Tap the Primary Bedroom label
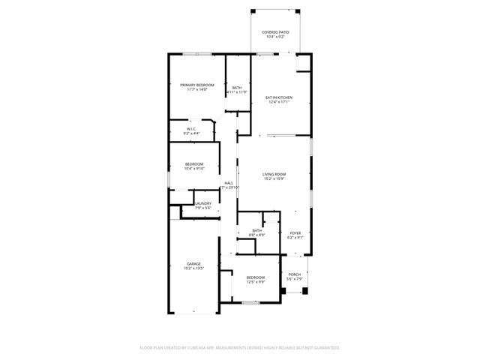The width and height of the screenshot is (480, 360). click(x=197, y=85)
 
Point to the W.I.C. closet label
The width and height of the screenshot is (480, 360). click(x=191, y=129)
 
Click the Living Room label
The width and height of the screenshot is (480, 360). click(x=274, y=175)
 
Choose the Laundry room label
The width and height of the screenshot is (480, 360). click(x=202, y=203)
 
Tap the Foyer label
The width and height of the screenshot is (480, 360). click(x=295, y=233)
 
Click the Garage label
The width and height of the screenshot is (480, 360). click(x=193, y=264)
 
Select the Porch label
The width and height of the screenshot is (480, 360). click(x=295, y=274)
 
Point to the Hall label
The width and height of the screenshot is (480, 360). click(x=229, y=184)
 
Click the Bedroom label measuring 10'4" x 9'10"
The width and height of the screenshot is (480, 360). click(x=194, y=163)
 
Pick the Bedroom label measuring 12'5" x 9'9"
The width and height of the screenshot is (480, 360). click(x=256, y=277)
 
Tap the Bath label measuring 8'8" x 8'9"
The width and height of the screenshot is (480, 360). click(x=257, y=230)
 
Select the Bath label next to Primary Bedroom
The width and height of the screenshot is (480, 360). click(x=237, y=88)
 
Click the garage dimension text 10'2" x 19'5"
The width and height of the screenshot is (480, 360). click(x=193, y=268)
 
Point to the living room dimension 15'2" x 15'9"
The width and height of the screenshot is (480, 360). click(x=274, y=179)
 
